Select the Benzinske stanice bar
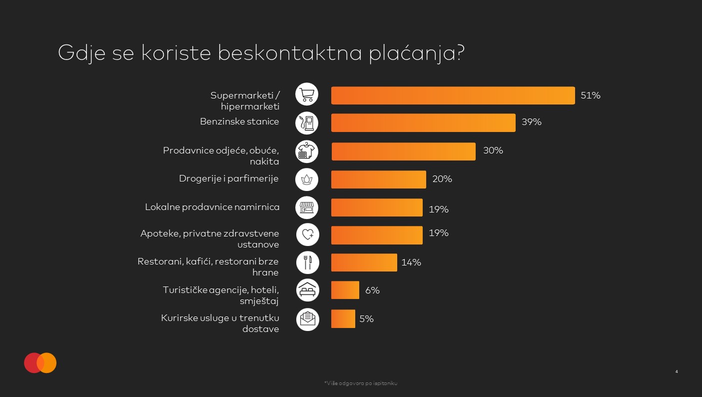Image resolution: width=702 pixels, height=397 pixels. (423, 122)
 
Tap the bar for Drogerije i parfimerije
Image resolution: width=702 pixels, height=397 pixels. (378, 179)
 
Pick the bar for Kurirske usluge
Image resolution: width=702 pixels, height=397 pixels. (343, 319)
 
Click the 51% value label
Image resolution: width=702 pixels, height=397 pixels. (590, 95)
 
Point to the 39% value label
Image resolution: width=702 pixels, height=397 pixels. (532, 122)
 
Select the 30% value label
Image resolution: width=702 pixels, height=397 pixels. (493, 150)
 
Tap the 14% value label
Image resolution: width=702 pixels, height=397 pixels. (411, 262)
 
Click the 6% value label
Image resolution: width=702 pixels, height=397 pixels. (372, 290)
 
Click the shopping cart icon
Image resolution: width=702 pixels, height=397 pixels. (307, 94)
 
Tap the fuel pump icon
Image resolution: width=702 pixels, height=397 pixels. (307, 122)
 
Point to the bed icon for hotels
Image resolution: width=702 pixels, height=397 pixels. (307, 290)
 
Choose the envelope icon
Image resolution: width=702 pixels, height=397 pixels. (307, 319)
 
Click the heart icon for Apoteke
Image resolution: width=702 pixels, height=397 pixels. (307, 234)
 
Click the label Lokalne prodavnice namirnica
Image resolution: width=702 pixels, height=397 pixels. (212, 207)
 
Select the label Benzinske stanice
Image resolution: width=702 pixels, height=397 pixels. (239, 121)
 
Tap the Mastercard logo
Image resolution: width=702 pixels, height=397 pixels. (40, 363)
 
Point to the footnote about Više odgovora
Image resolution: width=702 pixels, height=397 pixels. (361, 383)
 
